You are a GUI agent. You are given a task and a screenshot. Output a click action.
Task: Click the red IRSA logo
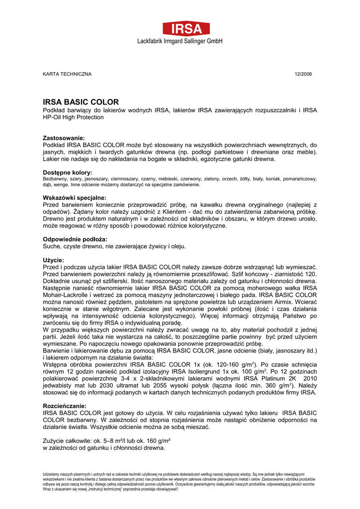[x=180, y=28]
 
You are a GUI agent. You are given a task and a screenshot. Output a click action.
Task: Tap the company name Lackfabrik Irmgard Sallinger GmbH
[x=180, y=41]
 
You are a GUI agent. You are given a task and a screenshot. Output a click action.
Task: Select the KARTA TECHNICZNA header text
[x=67, y=74]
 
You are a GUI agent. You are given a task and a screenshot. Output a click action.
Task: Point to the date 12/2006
[x=303, y=74]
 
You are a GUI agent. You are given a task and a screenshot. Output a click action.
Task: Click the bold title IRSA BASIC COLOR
[x=81, y=102]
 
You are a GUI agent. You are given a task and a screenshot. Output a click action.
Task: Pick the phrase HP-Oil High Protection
[x=74, y=117]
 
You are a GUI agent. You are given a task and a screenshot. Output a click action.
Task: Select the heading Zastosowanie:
[x=64, y=138]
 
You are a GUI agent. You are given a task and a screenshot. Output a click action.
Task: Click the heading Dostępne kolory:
[x=68, y=172]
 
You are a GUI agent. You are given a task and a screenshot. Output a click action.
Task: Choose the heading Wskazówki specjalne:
[x=75, y=197]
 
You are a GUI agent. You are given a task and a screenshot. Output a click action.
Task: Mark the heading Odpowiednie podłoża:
[x=75, y=239]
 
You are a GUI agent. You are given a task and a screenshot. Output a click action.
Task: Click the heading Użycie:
[x=53, y=260]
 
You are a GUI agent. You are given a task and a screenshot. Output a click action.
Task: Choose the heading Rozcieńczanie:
[x=65, y=406]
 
